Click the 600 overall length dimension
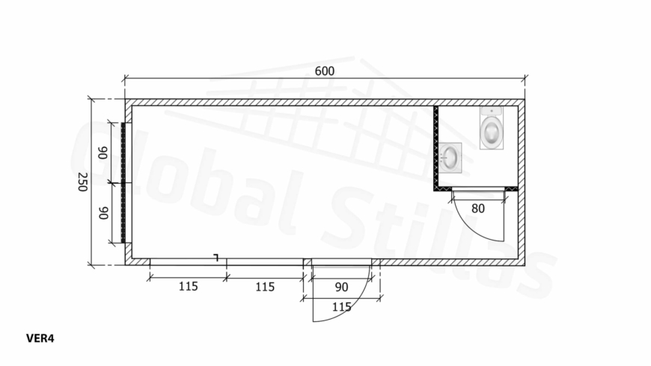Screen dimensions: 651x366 pos(324,71)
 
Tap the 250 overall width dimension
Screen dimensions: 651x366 pos(82,182)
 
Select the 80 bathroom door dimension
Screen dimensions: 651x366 pos(478,208)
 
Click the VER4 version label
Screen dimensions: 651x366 pos(40,338)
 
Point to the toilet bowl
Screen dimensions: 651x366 pos(492,131)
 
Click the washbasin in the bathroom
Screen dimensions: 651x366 pos(450,158)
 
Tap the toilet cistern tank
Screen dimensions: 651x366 pos(492,111)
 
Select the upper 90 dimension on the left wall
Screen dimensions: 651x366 pos(103,152)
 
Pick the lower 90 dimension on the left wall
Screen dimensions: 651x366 pos(103,213)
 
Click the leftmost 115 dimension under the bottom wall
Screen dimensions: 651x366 pos(188,286)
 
